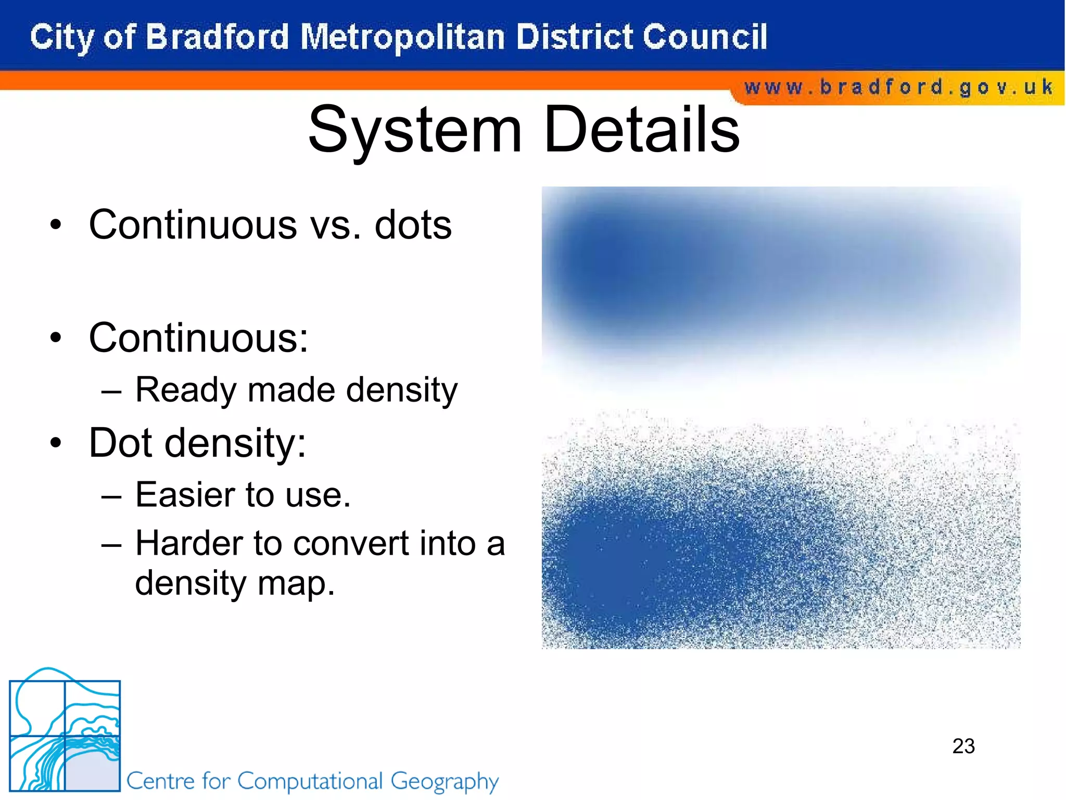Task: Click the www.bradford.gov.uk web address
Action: [898, 87]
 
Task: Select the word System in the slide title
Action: [414, 130]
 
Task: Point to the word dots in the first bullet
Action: [413, 225]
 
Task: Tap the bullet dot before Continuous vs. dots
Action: [56, 226]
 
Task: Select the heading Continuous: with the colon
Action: [198, 338]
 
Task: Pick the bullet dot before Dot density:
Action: [56, 443]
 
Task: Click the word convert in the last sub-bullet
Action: [352, 544]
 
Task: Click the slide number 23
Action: [963, 746]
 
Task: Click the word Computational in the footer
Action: [310, 781]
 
